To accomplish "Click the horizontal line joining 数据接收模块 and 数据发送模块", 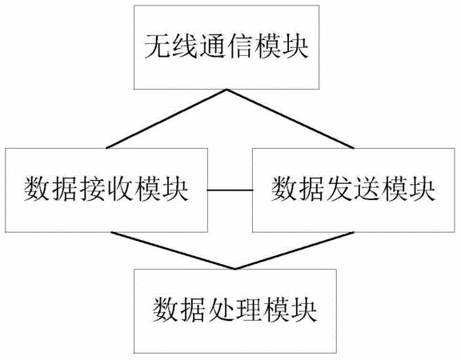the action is click(x=230, y=190).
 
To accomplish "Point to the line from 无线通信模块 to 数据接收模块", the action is click(x=166, y=118).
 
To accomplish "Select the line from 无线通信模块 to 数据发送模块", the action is click(x=291, y=118).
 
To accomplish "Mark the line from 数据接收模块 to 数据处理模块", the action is click(x=174, y=250).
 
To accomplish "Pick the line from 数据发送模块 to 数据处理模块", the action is click(x=295, y=250).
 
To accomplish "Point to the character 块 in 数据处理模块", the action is click(x=304, y=310).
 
